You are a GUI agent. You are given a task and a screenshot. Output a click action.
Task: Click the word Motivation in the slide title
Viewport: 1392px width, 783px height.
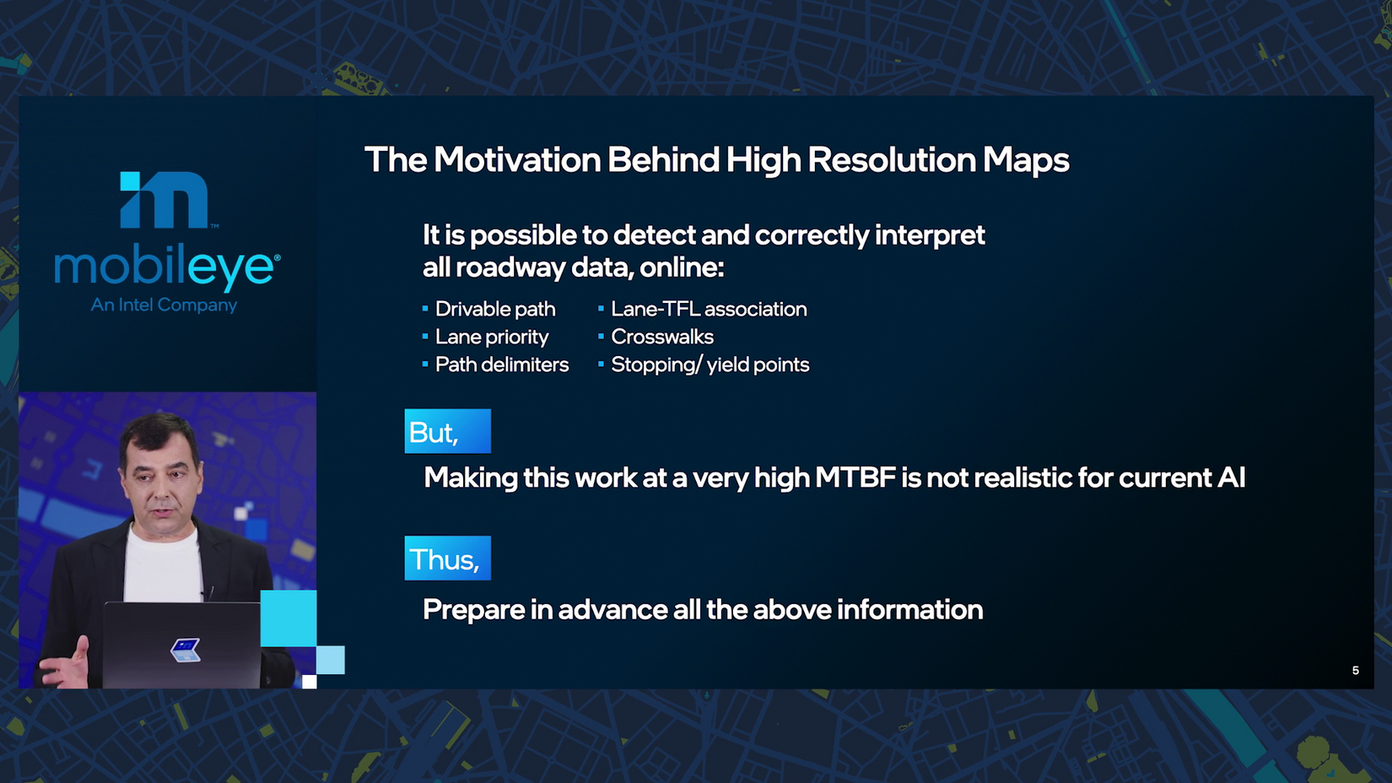517,159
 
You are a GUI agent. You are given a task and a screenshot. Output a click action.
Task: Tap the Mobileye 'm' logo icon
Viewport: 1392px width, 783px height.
164,199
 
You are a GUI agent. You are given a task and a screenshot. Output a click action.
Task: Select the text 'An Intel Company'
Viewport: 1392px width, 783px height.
164,305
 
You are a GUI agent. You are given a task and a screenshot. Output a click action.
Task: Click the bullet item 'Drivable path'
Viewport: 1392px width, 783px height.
495,309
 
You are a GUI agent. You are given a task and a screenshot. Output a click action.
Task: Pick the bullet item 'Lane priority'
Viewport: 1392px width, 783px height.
492,337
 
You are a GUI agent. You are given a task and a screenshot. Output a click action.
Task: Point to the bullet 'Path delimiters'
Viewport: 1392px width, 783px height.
501,364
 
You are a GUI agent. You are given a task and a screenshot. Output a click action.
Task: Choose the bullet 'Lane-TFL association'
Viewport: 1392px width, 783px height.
709,309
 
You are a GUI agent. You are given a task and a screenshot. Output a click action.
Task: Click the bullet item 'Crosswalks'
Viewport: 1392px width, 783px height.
661,337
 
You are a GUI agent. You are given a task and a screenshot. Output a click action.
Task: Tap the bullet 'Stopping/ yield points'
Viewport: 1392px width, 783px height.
709,364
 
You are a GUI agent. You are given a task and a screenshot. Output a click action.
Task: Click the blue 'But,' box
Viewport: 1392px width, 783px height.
447,431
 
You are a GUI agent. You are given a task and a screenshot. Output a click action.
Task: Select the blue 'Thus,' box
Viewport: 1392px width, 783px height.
447,558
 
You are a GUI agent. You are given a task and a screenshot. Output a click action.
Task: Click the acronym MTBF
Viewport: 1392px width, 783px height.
855,478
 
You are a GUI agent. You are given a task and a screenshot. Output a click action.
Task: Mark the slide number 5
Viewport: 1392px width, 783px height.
1356,671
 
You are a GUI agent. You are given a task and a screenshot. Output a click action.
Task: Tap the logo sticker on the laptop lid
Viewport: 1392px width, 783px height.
186,650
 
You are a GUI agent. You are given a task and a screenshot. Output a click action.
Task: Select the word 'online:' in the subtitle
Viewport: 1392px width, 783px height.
682,267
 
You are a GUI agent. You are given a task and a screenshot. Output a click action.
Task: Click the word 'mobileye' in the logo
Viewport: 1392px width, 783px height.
166,268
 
